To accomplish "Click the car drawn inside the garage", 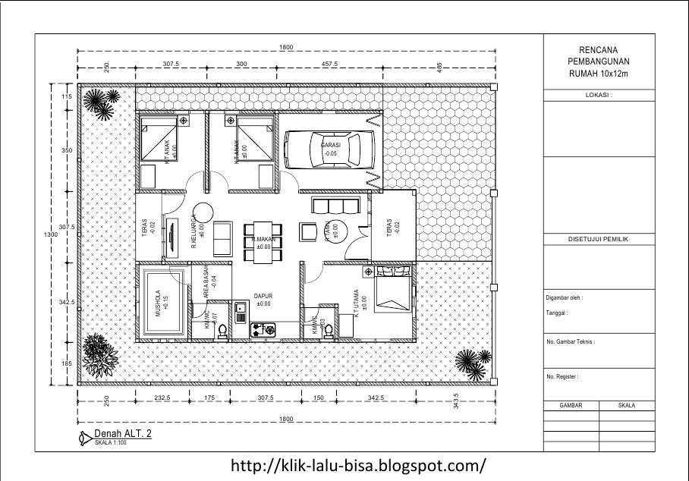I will (330, 149).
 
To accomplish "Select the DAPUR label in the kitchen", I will (263, 297).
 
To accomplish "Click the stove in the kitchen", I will (263, 329).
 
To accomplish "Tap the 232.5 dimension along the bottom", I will (161, 398).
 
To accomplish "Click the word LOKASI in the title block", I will (599, 96).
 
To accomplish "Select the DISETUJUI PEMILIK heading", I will (599, 239).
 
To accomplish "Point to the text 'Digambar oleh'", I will (565, 298).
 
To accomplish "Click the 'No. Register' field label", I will (562, 376).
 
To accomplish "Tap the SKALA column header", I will (626, 406).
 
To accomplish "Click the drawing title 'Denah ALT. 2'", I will (122, 434).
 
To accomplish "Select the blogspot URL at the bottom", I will (357, 464).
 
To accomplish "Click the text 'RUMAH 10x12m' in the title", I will (599, 73).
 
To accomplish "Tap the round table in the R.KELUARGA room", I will (203, 212).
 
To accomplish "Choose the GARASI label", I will (330, 145).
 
